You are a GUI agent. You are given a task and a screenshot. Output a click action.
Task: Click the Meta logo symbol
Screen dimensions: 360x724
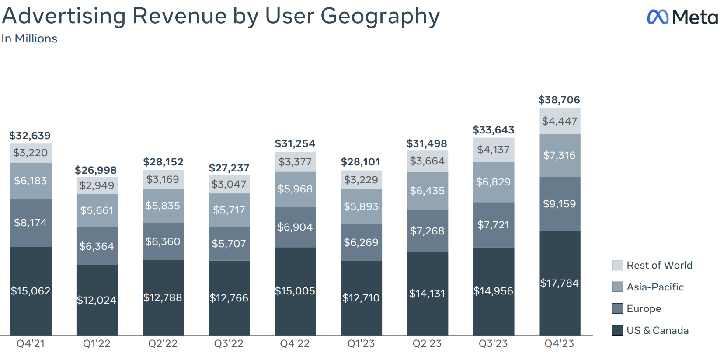pyautogui.click(x=658, y=17)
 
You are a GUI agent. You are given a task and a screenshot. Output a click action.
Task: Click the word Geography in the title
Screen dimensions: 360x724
pyautogui.click(x=380, y=16)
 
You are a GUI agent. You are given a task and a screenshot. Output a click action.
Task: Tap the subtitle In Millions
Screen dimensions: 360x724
pyautogui.click(x=29, y=38)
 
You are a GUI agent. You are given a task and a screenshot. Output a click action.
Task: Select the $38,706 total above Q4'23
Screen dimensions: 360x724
pyautogui.click(x=559, y=100)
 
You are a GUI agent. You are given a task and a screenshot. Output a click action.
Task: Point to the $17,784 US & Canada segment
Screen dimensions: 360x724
pyautogui.click(x=559, y=283)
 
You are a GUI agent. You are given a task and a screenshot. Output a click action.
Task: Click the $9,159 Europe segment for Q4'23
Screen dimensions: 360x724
pyautogui.click(x=559, y=204)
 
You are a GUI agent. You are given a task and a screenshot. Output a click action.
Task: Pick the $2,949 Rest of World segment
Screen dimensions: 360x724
pyautogui.click(x=97, y=185)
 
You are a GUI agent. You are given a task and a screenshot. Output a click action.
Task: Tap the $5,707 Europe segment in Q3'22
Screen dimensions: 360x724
pyautogui.click(x=229, y=244)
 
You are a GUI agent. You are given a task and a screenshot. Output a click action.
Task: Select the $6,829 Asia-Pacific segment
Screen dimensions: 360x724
pyautogui.click(x=493, y=182)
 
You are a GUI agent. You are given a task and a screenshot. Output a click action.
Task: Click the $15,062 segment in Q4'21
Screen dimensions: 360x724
pyautogui.click(x=31, y=291)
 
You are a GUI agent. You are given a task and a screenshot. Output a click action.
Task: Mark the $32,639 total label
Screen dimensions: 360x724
pyautogui.click(x=30, y=136)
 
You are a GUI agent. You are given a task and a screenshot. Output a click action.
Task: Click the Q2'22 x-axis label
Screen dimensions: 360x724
pyautogui.click(x=163, y=343)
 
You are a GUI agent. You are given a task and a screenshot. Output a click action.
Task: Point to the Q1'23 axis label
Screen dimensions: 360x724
pyautogui.click(x=361, y=343)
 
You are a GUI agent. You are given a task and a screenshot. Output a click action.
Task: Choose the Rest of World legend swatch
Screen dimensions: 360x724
pyautogui.click(x=617, y=265)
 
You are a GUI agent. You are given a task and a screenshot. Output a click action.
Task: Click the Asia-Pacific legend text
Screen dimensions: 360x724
pyautogui.click(x=655, y=287)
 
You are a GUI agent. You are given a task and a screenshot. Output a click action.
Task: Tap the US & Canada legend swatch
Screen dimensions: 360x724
pyautogui.click(x=617, y=330)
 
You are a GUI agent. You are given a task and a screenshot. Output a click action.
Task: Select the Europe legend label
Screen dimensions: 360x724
pyautogui.click(x=644, y=308)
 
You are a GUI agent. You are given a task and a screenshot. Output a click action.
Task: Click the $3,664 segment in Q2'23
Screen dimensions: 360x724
pyautogui.click(x=427, y=161)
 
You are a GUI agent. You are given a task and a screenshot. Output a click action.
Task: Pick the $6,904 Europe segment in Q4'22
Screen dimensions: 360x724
pyautogui.click(x=295, y=227)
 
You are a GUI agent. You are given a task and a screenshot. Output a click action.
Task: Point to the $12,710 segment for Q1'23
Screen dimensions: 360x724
pyautogui.click(x=361, y=298)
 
